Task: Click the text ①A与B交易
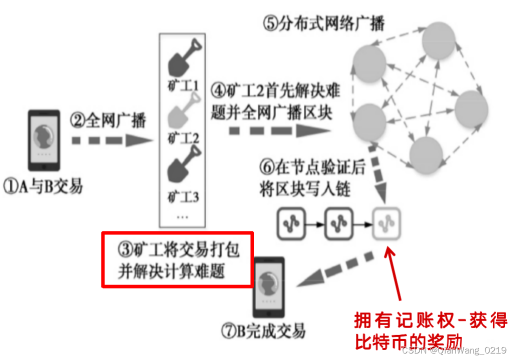(x=42, y=186)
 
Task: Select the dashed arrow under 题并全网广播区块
(x=279, y=131)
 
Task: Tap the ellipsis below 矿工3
(x=182, y=216)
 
